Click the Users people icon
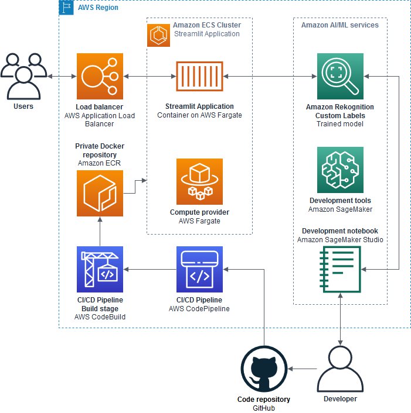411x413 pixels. pos(23,76)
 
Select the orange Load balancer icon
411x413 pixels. pos(100,76)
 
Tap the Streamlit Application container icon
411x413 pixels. pos(199,76)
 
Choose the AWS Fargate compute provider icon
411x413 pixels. pos(199,181)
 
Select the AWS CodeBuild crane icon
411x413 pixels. pos(100,269)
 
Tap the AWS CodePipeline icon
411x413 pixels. pos(199,269)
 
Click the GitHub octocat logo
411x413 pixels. pos(264,369)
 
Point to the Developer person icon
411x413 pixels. pos(340,369)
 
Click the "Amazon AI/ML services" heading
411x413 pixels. pos(339,25)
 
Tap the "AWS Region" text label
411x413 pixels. pos(97,8)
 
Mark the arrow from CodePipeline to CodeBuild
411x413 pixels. pos(149,269)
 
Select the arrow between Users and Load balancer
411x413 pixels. pos(62,76)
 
